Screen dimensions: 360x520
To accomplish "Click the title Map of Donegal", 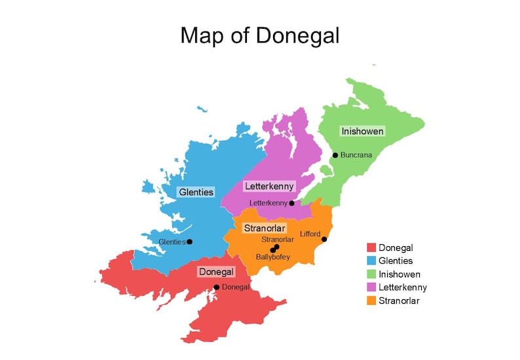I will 260,35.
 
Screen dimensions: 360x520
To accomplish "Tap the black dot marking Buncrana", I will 335,155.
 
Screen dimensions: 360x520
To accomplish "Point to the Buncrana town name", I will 356,155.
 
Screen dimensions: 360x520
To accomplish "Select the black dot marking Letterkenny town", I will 292,204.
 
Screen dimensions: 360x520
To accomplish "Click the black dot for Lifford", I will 324,240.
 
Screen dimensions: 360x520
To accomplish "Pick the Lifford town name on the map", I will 310,234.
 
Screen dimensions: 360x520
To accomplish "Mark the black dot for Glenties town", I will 190,242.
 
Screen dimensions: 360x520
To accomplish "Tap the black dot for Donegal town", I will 217,287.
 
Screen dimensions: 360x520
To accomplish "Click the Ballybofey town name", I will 272,257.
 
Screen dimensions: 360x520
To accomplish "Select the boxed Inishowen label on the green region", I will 362,132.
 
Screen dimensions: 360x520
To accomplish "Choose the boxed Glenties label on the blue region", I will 196,192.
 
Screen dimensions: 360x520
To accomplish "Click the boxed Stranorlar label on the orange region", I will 264,228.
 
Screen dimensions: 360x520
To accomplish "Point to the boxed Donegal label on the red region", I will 216,272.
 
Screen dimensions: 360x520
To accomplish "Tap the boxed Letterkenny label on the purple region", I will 269,187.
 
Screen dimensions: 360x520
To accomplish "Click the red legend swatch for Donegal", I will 371,247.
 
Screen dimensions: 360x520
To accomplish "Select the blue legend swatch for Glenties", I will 371,261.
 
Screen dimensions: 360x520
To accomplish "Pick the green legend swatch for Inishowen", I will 371,274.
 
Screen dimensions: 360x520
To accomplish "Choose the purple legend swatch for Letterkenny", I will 371,287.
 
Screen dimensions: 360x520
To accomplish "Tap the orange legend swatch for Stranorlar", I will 371,300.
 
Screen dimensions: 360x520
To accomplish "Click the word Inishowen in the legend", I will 399,274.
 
